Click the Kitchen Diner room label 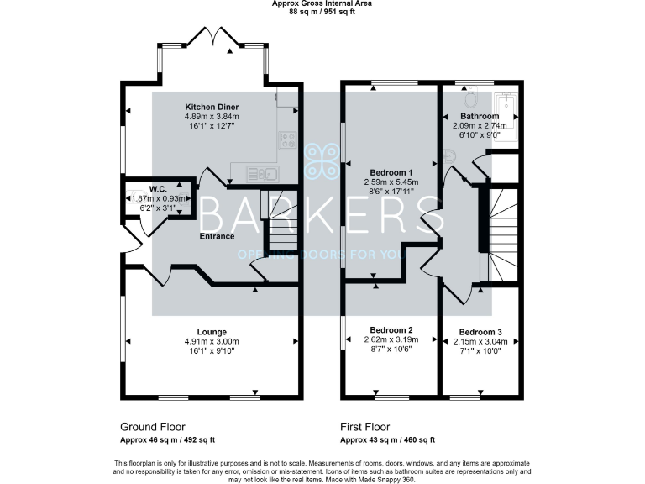pos(212,108)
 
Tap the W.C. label pos(157,188)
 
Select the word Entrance pos(217,236)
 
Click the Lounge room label pos(212,332)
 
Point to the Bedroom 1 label pos(391,171)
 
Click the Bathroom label pos(479,116)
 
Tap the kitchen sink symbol pos(262,174)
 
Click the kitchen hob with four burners pos(288,140)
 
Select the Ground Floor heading pos(153,427)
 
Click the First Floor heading pos(364,427)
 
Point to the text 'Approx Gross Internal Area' pos(322,3)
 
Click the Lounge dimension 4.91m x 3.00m pos(212,342)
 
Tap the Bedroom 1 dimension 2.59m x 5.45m pos(391,181)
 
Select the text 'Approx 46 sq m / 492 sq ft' pos(167,439)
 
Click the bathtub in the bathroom pos(506,117)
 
